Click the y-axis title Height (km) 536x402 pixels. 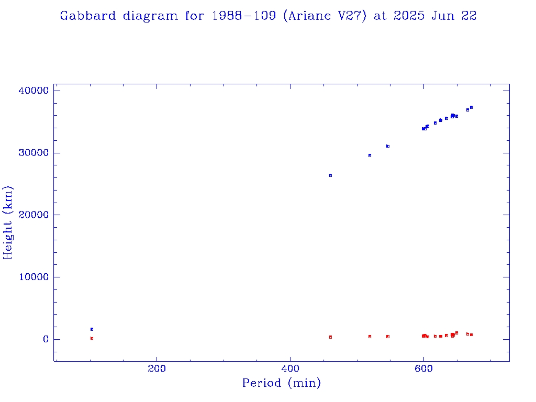pos(8,222)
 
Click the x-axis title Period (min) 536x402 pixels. pos(281,383)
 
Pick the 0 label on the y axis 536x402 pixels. pos(46,339)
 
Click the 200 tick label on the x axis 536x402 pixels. pos(157,369)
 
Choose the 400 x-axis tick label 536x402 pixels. pos(290,369)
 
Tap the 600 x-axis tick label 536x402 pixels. pos(423,369)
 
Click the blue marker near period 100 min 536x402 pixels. pos(92,329)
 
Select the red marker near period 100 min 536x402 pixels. pos(92,338)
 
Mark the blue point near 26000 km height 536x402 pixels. pos(330,175)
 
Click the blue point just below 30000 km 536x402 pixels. pos(370,155)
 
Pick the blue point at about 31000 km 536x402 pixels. pos(388,146)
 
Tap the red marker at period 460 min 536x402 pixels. pos(330,337)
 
